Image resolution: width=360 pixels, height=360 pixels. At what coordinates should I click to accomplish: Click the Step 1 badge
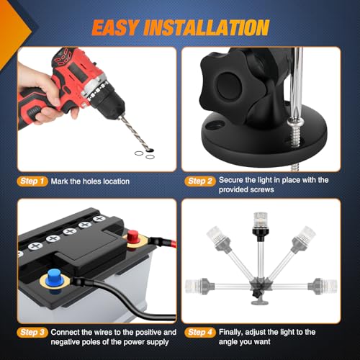[32, 181]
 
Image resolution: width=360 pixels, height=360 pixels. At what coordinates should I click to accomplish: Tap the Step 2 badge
[200, 181]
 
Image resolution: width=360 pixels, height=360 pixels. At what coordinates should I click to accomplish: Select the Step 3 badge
[32, 333]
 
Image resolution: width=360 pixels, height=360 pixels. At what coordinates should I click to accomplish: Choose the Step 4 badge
[200, 333]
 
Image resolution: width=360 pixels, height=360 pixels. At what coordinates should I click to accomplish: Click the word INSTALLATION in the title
[207, 27]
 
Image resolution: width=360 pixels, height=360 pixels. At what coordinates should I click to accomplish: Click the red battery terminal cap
[132, 237]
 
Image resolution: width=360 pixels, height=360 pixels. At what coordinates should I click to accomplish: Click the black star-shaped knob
[225, 83]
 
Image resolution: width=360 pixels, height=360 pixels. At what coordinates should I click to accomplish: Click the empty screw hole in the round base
[215, 125]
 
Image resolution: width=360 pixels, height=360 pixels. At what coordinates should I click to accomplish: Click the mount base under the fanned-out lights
[260, 302]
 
